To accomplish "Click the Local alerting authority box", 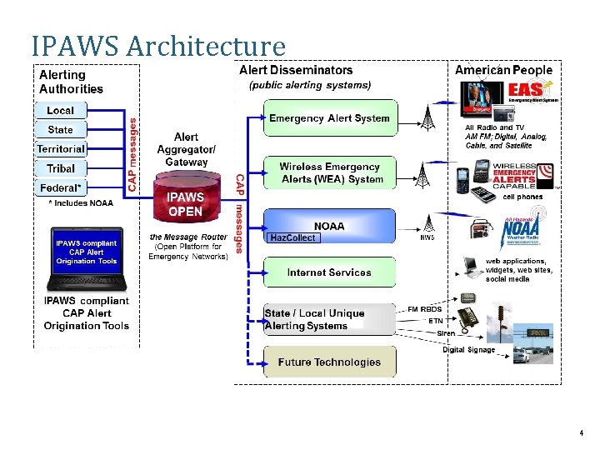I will pyautogui.click(x=60, y=110).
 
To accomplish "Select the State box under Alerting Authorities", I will pyautogui.click(x=60, y=129).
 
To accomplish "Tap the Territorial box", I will pyautogui.click(x=60, y=148).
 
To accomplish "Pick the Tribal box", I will pyautogui.click(x=60, y=168).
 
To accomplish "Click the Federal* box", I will pyautogui.click(x=60, y=187).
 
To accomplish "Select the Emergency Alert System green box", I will pyautogui.click(x=330, y=118).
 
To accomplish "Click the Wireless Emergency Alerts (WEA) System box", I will pyautogui.click(x=330, y=173).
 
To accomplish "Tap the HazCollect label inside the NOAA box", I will pyautogui.click(x=292, y=237).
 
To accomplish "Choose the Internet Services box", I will pyautogui.click(x=330, y=272).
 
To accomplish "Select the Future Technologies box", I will pyautogui.click(x=330, y=362).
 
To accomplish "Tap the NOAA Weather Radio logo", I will pyautogui.click(x=522, y=230).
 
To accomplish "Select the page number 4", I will pyautogui.click(x=581, y=435).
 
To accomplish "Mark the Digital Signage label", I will pyautogui.click(x=468, y=350).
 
